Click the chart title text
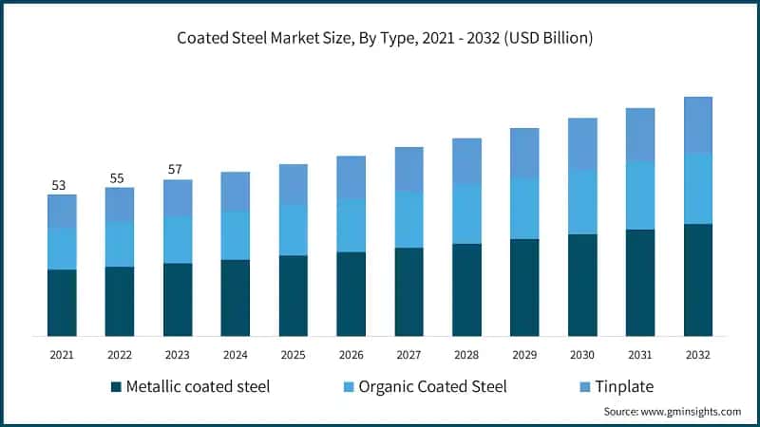coord(380,39)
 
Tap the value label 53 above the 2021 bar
coord(59,185)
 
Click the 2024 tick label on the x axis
coord(236,354)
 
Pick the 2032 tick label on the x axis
coord(698,354)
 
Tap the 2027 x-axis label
coord(408,354)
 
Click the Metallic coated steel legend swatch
coord(117,387)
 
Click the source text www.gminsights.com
coord(673,412)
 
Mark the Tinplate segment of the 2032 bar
coord(698,124)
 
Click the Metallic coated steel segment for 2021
coord(62,303)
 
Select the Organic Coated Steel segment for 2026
coord(351,226)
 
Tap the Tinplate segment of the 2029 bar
coord(524,153)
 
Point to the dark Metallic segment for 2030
coord(582,285)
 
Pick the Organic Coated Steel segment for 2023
coord(178,239)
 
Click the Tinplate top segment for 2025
coord(294,184)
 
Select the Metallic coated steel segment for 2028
coord(466,289)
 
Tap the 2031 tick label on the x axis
coord(640,354)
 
